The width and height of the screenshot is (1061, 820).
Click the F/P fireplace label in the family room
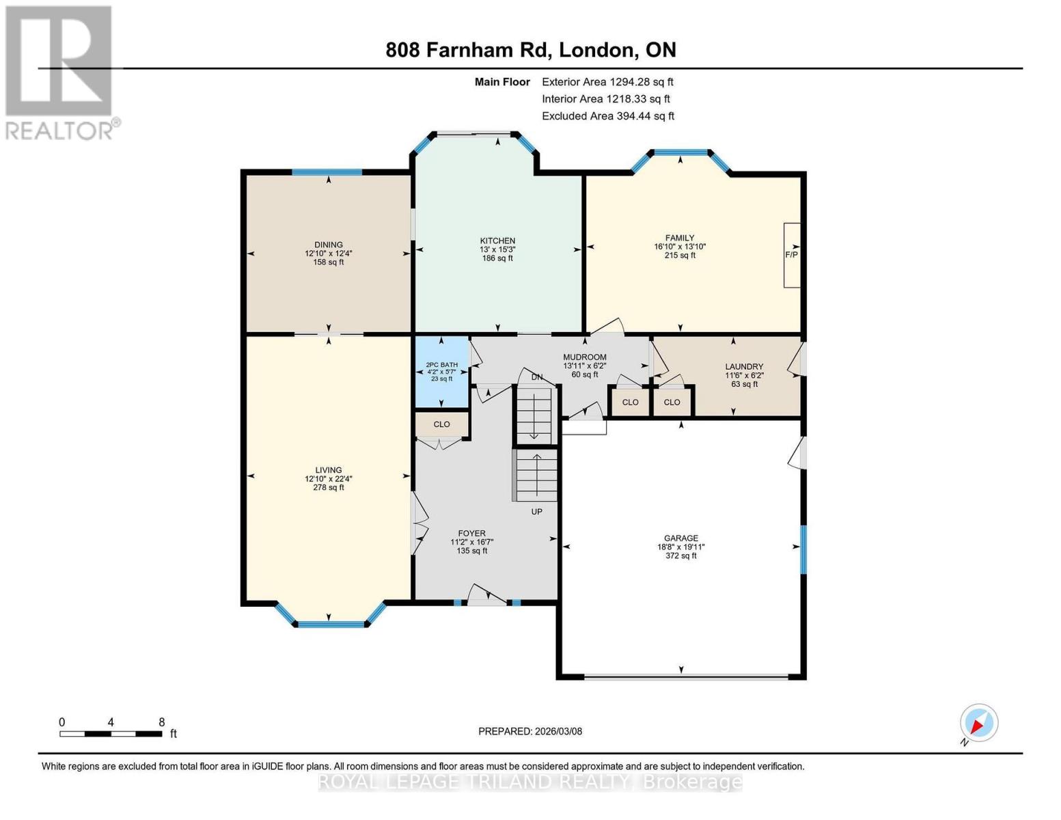point(791,255)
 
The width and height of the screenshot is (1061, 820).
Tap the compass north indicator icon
point(978,723)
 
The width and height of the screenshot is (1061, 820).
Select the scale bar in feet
point(111,734)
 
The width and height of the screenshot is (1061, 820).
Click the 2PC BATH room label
point(442,365)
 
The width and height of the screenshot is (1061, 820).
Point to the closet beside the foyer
point(442,424)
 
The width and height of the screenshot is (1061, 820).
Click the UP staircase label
point(537,511)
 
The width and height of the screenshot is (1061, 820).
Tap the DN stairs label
point(537,377)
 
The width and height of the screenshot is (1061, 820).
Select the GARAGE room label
point(681,538)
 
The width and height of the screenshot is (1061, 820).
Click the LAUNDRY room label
point(744,367)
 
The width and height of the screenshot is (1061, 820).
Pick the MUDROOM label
point(585,357)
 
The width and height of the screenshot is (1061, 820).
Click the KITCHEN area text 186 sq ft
point(497,258)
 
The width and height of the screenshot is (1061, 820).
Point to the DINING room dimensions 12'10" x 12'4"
point(329,254)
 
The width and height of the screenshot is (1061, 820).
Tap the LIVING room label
point(329,470)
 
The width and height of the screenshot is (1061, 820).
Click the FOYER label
point(472,534)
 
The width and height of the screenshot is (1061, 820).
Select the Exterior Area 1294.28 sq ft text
point(607,82)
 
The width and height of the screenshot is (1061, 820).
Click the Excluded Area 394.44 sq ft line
point(607,116)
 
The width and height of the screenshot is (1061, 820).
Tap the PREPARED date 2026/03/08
point(530,731)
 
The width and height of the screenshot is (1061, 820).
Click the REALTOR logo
point(60,72)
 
